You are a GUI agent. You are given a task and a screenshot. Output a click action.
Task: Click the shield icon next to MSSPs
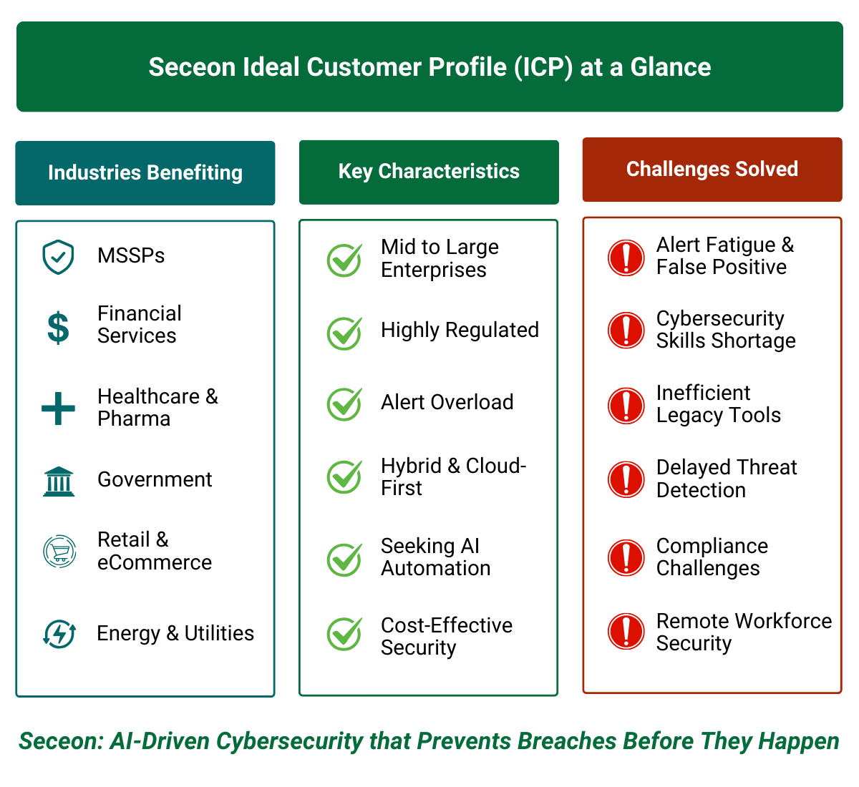point(58,257)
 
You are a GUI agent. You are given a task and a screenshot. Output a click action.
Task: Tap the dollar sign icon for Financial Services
point(58,328)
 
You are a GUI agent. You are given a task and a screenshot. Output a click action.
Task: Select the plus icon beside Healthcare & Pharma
point(58,409)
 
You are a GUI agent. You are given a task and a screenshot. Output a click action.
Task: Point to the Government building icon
point(58,482)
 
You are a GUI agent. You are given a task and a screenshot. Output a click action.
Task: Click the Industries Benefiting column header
point(145,173)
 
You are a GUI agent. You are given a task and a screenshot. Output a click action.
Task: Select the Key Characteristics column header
point(429,172)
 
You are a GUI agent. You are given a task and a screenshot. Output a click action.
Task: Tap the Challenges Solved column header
point(712,170)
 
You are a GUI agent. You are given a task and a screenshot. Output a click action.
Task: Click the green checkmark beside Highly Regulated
point(344,333)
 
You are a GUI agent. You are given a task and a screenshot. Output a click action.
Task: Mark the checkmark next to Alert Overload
point(344,404)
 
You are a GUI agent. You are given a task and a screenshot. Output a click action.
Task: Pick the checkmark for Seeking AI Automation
point(344,559)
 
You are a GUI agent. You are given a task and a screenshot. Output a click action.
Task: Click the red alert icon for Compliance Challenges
point(626,557)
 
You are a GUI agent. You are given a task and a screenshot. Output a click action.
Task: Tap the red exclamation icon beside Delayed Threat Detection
point(626,479)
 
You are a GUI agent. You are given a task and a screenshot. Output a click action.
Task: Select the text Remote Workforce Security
point(743,632)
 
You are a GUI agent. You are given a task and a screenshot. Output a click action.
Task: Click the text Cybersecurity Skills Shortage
point(725,329)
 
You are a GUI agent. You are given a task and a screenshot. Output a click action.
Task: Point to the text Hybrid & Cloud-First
point(453,476)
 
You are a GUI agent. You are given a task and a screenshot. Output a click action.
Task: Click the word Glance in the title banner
point(671,67)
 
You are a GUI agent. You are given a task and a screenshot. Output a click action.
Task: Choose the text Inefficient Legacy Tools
point(718,404)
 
